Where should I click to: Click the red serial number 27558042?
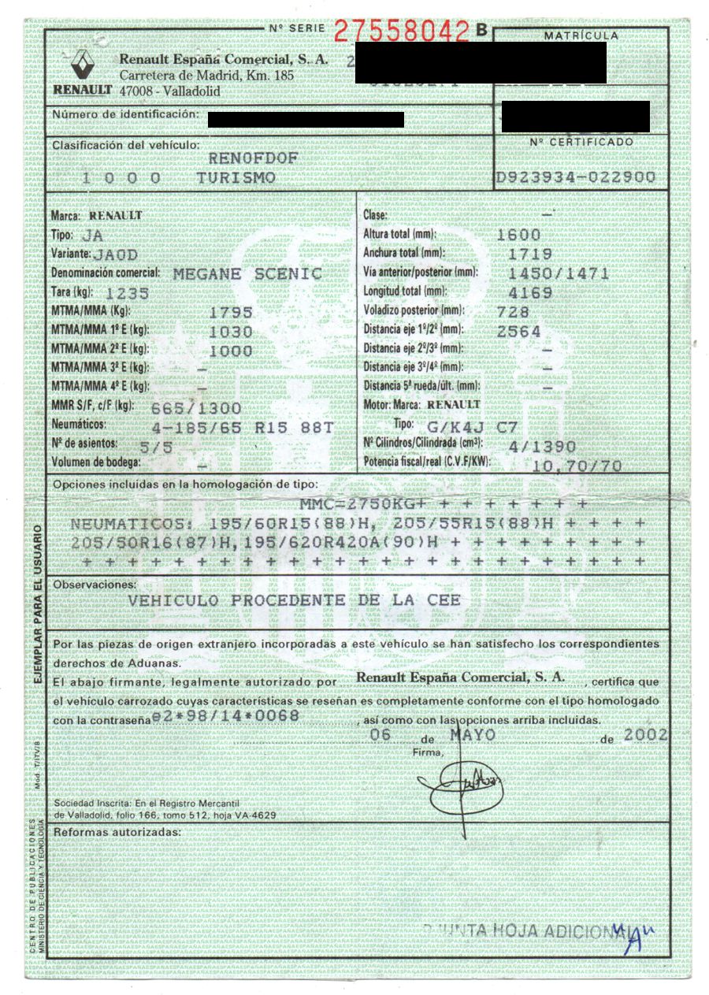(x=402, y=31)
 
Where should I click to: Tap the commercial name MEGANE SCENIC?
(x=247, y=274)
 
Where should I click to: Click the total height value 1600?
(x=519, y=235)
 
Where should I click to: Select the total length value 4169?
(x=530, y=292)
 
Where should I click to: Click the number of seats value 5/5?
(x=154, y=446)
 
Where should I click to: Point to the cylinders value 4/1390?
(x=530, y=445)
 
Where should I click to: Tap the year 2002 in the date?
(x=644, y=734)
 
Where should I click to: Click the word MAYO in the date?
(x=473, y=734)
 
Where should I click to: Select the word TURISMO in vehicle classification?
(x=236, y=179)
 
